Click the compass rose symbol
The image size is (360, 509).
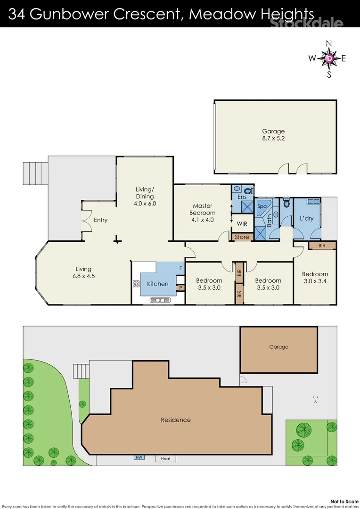coord(329,58)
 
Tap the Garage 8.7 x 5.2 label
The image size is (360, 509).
coord(273,135)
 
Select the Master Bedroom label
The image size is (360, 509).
coord(203,209)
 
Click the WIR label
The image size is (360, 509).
coord(242,223)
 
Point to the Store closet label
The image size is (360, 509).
coord(242,237)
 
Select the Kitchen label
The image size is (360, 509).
coord(157,284)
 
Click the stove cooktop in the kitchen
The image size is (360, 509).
coord(137,284)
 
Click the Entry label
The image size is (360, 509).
coord(100,220)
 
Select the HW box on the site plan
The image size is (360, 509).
coord(139,457)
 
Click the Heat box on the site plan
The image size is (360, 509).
coord(165,459)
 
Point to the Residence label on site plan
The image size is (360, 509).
coord(176,420)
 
